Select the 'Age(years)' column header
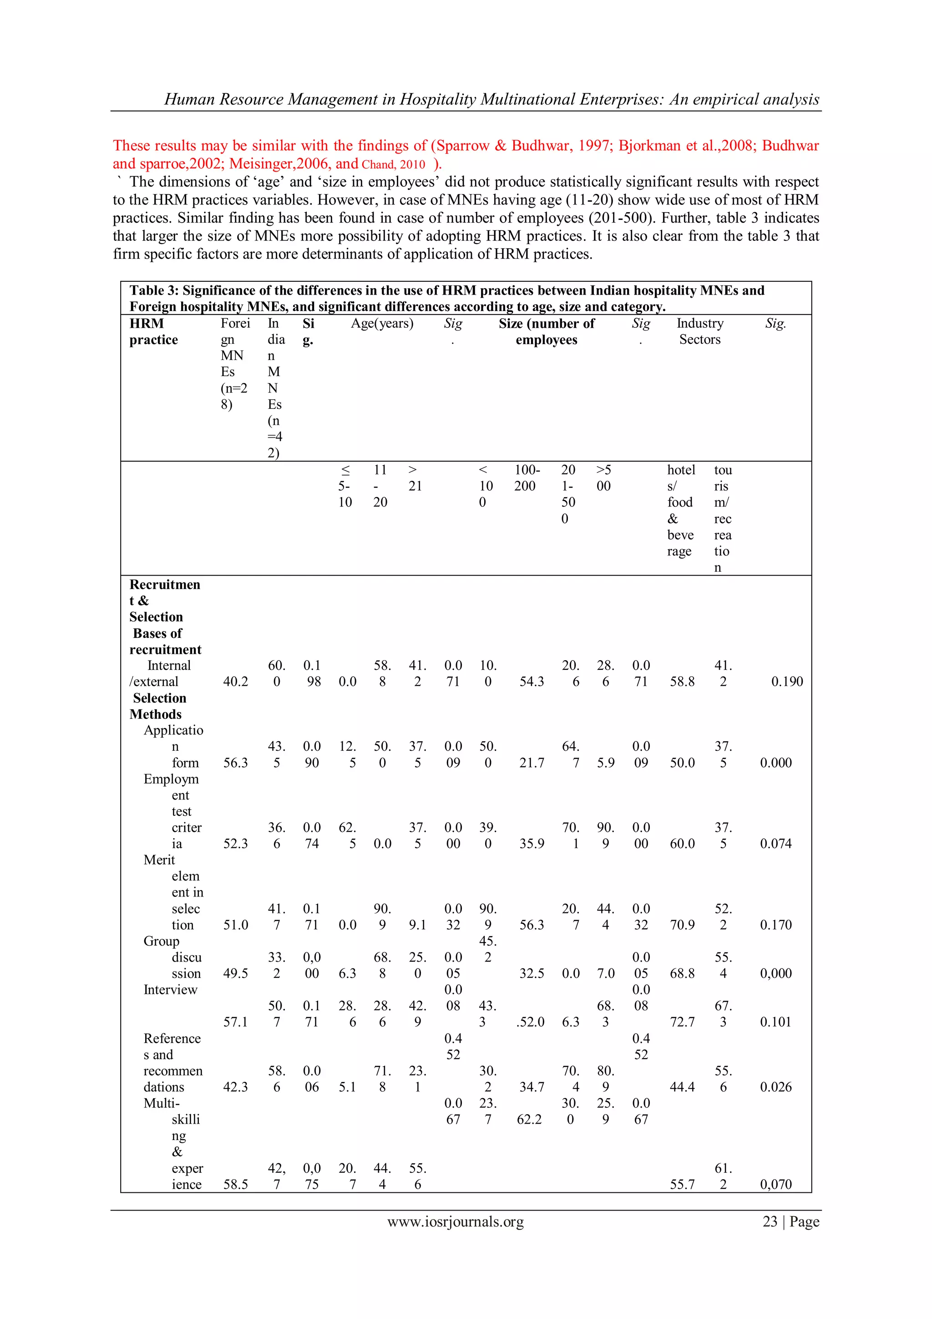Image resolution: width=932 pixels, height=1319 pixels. click(382, 323)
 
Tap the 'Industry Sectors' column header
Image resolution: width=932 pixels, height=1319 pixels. click(699, 331)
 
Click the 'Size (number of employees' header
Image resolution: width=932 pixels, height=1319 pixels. click(546, 331)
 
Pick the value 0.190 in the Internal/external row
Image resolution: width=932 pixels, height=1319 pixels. click(787, 682)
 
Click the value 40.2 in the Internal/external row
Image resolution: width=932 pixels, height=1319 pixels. click(235, 682)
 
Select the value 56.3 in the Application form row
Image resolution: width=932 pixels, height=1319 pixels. click(235, 763)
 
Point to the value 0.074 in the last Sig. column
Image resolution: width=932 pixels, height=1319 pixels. click(775, 844)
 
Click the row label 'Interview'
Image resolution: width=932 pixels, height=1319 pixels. click(170, 990)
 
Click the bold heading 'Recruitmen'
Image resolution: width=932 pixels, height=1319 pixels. click(165, 585)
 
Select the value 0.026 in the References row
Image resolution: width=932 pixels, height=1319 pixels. click(775, 1087)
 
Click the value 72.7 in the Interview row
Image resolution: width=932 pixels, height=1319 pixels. click(682, 1022)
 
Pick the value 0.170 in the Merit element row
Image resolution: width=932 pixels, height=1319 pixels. click(775, 925)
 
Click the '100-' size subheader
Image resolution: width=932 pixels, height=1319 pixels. click(527, 470)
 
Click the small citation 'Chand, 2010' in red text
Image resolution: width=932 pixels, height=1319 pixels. click(393, 165)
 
